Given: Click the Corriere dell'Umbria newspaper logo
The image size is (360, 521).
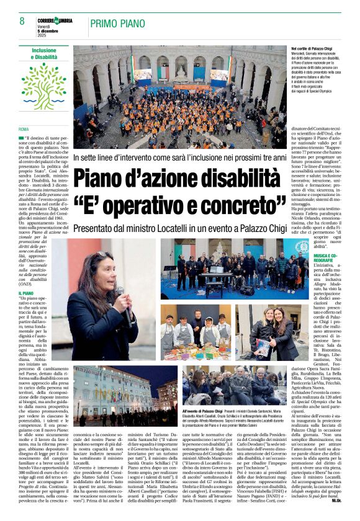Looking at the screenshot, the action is click(55, 20).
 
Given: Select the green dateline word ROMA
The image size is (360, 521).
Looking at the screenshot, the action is click(24, 129).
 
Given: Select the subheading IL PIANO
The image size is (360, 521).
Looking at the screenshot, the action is click(26, 293).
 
